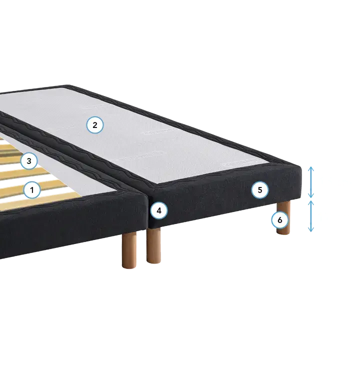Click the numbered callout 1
point(32,190)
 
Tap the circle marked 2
point(95,125)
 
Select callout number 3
point(29,161)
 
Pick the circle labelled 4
point(159,210)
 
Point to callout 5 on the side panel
point(260,190)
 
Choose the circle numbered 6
point(279,220)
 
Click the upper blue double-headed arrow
point(311,182)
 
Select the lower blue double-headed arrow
point(311,216)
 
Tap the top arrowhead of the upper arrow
point(311,167)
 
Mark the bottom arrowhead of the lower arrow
point(311,231)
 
